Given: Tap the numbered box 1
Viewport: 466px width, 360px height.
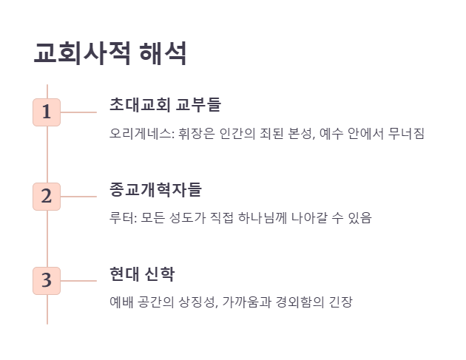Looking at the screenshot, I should pyautogui.click(x=47, y=112).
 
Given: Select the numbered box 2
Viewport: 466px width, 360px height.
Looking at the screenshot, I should pyautogui.click(x=47, y=197).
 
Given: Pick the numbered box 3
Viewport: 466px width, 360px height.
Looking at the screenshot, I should pyautogui.click(x=47, y=281).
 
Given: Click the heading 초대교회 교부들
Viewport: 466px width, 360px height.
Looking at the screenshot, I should pyautogui.click(x=165, y=104).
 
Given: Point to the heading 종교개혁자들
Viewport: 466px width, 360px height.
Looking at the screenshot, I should pyautogui.click(x=155, y=189).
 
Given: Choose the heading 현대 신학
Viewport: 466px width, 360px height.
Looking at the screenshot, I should pyautogui.click(x=142, y=273).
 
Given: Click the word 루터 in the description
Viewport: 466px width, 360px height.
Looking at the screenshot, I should pyautogui.click(x=121, y=218).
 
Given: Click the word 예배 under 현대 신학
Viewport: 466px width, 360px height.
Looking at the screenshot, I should pyautogui.click(x=121, y=302).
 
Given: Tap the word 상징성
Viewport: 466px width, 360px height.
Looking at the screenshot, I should pyautogui.click(x=198, y=302).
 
